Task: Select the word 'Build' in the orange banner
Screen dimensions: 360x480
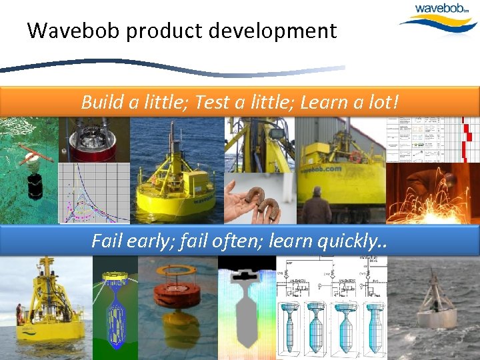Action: click(x=99, y=102)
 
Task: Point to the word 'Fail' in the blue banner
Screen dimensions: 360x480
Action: click(x=108, y=240)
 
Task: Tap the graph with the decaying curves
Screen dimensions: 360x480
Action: click(x=93, y=193)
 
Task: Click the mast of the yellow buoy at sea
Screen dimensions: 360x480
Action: click(x=175, y=143)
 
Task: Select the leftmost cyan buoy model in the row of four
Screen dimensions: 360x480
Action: click(x=291, y=327)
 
